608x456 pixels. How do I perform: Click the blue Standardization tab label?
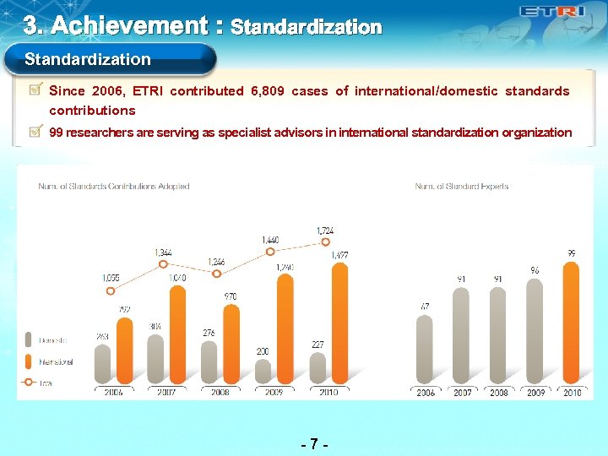(88, 60)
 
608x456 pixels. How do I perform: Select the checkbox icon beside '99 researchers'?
(36, 132)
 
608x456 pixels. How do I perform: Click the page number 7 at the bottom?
(314, 443)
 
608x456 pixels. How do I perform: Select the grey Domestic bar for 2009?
(263, 371)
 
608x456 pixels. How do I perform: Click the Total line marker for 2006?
(109, 290)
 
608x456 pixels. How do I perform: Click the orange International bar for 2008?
(231, 344)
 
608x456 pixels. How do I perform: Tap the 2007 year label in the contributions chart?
(166, 392)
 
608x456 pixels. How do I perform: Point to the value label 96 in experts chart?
(535, 270)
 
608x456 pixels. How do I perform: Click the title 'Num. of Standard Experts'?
(461, 187)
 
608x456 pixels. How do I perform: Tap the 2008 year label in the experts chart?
(499, 392)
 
